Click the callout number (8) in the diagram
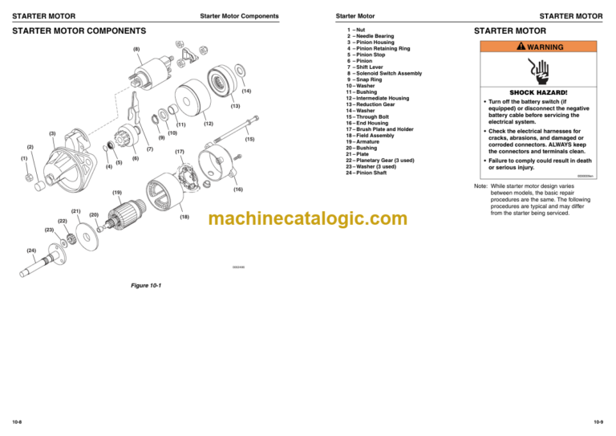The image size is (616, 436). coord(136,50)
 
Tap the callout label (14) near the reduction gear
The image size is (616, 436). coord(246,92)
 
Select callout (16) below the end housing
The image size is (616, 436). coord(237,189)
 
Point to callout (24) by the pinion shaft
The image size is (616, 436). coord(30,251)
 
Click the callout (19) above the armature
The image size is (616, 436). coord(117,193)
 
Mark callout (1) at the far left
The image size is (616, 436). coord(24,159)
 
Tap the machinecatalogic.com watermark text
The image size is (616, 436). coord(308,218)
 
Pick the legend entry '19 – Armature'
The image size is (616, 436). coord(367,141)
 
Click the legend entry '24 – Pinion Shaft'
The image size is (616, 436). coord(371,173)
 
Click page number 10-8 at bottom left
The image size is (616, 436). coord(17,422)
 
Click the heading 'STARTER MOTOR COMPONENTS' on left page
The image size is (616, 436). coord(79,31)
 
